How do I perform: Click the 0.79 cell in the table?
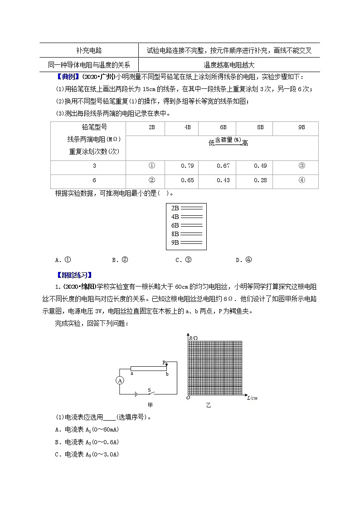tap(187, 165)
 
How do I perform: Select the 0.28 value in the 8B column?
tap(260, 180)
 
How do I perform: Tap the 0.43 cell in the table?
tap(224, 180)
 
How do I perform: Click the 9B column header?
tap(302, 128)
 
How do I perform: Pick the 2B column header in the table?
tap(152, 128)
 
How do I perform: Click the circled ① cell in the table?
tap(152, 165)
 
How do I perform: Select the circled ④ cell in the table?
tap(302, 180)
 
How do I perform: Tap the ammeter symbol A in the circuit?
tap(120, 381)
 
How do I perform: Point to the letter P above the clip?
tap(164, 363)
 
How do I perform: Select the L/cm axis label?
tap(252, 398)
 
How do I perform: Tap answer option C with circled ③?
tap(184, 260)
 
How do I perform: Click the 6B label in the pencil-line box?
tap(175, 225)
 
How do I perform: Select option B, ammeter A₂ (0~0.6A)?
tap(87, 442)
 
